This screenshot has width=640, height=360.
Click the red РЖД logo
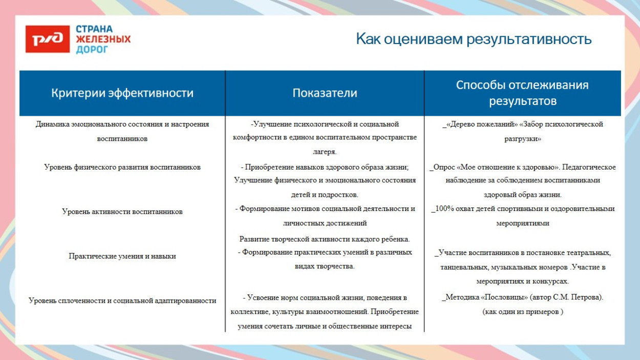pyautogui.click(x=48, y=39)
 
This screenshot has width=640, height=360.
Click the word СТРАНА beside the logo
pyautogui.click(x=94, y=29)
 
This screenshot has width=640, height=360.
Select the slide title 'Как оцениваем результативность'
pyautogui.click(x=474, y=39)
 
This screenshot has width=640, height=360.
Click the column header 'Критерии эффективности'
pyautogui.click(x=122, y=93)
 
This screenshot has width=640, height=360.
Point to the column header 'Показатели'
pyautogui.click(x=325, y=93)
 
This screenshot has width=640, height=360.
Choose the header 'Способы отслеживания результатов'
pyautogui.click(x=522, y=93)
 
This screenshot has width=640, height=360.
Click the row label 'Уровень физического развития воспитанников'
pyautogui.click(x=122, y=167)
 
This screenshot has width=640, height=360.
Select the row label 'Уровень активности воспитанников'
pyautogui.click(x=122, y=211)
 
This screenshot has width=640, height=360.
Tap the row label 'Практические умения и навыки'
pyautogui.click(x=122, y=256)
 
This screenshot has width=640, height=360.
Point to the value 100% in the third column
pyautogui.click(x=445, y=209)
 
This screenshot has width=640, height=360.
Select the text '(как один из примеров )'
pyautogui.click(x=523, y=312)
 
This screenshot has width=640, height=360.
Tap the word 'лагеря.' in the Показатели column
pyautogui.click(x=325, y=152)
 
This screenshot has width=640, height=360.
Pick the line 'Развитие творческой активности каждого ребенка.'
pyautogui.click(x=325, y=239)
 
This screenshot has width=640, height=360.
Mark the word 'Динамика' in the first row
pyautogui.click(x=50, y=124)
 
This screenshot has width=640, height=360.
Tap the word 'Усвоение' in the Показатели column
pyautogui.click(x=263, y=298)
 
